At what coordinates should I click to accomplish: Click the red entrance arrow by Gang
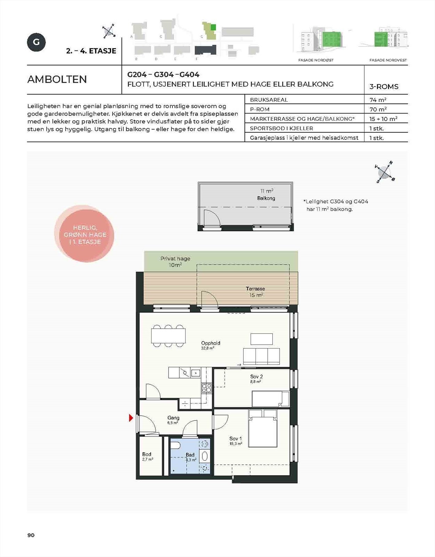(x=131, y=418)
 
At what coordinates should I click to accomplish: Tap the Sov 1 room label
(x=235, y=441)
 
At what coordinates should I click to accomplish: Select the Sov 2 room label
(x=256, y=378)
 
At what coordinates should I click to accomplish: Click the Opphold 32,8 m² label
(x=210, y=345)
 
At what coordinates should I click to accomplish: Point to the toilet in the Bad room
(x=175, y=445)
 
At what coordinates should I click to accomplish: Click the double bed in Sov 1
(x=263, y=429)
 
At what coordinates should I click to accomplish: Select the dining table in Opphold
(x=168, y=336)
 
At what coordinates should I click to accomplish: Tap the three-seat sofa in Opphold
(x=261, y=356)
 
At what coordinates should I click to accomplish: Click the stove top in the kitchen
(x=207, y=388)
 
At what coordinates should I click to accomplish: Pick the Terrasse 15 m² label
(x=256, y=292)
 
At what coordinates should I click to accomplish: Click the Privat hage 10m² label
(x=175, y=262)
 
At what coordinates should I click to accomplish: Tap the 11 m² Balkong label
(x=266, y=195)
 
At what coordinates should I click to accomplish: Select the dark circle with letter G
(x=36, y=42)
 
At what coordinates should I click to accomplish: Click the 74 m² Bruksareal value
(x=378, y=100)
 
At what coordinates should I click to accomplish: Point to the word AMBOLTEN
(x=57, y=79)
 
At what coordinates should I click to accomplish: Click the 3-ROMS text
(x=384, y=87)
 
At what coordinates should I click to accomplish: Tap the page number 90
(x=31, y=535)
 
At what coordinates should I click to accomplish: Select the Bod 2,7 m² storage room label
(x=147, y=456)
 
